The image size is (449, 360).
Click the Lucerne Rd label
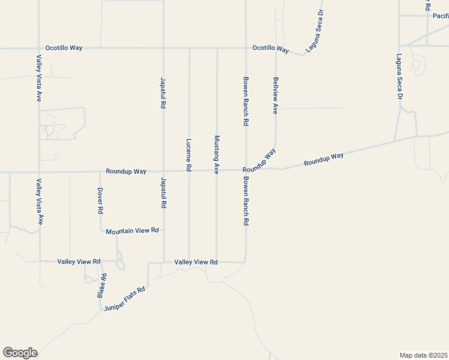pyautogui.click(x=189, y=155)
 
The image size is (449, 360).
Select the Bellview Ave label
pyautogui.click(x=276, y=95)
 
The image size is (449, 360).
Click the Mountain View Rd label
pyautogui.click(x=132, y=230)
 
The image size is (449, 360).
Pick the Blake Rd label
pyautogui.click(x=102, y=285)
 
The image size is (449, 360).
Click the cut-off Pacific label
pyautogui.click(x=440, y=16)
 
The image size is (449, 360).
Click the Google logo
pyautogui.click(x=20, y=353)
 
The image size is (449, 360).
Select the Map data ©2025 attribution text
pyautogui.click(x=423, y=355)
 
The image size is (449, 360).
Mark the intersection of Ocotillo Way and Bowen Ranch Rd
pyautogui.click(x=246, y=48)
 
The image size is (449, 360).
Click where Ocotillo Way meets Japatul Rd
pyautogui.click(x=163, y=48)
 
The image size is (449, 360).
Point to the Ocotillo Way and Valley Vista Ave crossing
pyautogui.click(x=39, y=48)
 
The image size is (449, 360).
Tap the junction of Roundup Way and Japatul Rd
pyautogui.click(x=163, y=171)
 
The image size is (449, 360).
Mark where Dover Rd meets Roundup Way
pyautogui.click(x=100, y=172)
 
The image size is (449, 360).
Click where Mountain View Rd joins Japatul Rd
pyautogui.click(x=163, y=230)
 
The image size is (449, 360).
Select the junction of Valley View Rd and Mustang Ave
pyautogui.click(x=217, y=262)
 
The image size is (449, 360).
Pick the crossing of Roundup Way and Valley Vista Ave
pyautogui.click(x=39, y=172)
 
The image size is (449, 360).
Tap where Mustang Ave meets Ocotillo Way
pyautogui.click(x=217, y=48)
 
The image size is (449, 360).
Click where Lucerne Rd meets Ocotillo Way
pyautogui.click(x=189, y=48)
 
